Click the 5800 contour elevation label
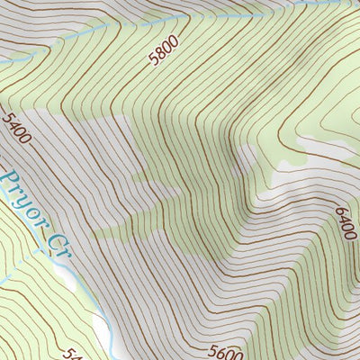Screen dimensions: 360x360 click(x=166, y=52)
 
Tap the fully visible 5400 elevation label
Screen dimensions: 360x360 click(x=16, y=129)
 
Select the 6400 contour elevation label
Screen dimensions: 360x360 click(x=344, y=221)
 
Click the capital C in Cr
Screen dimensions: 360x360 click(x=55, y=236)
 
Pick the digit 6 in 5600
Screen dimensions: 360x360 click(x=222, y=352)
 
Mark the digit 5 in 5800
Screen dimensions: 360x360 click(x=155, y=59)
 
